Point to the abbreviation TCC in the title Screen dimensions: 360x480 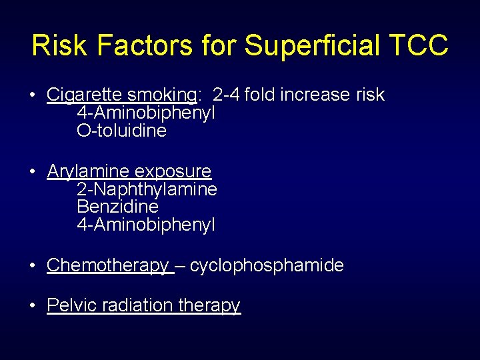tap(419, 45)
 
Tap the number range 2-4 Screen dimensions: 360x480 tap(226, 95)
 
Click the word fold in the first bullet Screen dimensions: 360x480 tap(260, 95)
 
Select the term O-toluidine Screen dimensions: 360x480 tap(122, 131)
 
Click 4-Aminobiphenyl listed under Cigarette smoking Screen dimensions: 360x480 tap(146, 113)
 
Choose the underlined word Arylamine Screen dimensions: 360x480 tap(81, 171)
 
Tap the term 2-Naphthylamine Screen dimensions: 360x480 tap(147, 189)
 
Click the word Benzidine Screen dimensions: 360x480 tap(117, 207)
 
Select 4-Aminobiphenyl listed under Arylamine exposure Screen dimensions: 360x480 tap(146, 225)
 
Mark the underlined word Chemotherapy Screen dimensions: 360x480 tap(108, 265)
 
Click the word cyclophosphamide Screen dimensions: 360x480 tap(267, 265)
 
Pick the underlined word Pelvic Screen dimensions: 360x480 tap(69, 305)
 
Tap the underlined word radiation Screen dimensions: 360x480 tap(136, 305)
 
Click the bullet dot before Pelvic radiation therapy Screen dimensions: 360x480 tap(33, 306)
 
